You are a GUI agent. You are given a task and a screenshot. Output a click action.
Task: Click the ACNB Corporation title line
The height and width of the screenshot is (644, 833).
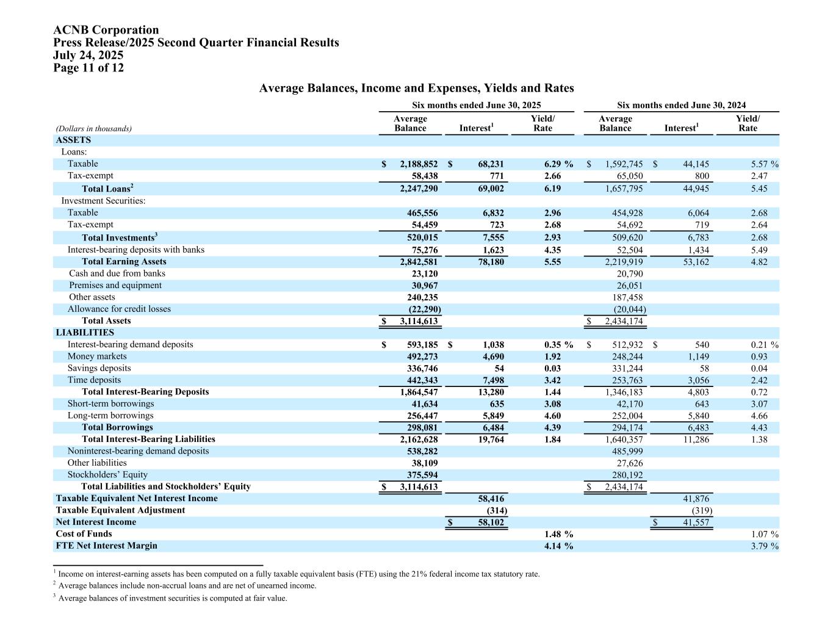pyautogui.click(x=106, y=30)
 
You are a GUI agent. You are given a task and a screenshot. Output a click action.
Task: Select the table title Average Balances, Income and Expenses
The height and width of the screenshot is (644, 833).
pyautogui.click(x=416, y=88)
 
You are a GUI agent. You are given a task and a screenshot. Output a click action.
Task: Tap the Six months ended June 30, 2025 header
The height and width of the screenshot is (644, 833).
pyautogui.click(x=476, y=105)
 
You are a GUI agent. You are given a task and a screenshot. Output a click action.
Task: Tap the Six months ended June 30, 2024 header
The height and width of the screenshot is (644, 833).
pyautogui.click(x=681, y=105)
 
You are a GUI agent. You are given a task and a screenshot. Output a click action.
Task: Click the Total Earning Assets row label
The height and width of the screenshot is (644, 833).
pyautogui.click(x=124, y=262)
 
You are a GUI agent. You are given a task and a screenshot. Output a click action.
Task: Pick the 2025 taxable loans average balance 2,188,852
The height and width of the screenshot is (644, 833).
pyautogui.click(x=419, y=164)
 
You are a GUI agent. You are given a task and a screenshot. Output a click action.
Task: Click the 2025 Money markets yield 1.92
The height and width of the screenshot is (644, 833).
pyautogui.click(x=552, y=356)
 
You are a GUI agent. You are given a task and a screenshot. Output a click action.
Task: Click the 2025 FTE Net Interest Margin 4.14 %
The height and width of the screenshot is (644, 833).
pyautogui.click(x=558, y=546)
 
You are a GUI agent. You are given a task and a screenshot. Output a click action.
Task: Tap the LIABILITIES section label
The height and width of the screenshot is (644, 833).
pyautogui.click(x=85, y=333)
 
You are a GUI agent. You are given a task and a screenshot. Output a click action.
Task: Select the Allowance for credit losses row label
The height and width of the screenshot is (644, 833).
pyautogui.click(x=119, y=309)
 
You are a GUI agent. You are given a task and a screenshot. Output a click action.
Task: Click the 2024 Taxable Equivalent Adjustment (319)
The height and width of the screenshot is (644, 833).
pyautogui.click(x=701, y=510)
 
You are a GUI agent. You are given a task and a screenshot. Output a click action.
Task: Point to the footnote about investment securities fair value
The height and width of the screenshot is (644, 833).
pyautogui.click(x=172, y=598)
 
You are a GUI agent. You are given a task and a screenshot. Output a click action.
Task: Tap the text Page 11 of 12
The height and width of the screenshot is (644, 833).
pyautogui.click(x=88, y=68)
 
